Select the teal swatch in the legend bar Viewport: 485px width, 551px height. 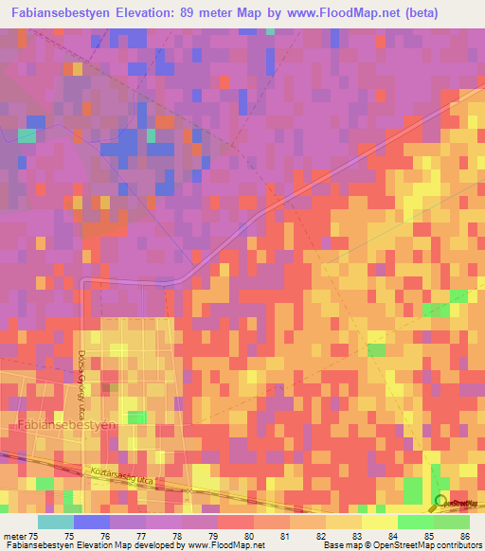click(56, 523)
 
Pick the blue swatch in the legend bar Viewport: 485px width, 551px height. click(92, 523)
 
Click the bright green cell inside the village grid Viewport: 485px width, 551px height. click(137, 418)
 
